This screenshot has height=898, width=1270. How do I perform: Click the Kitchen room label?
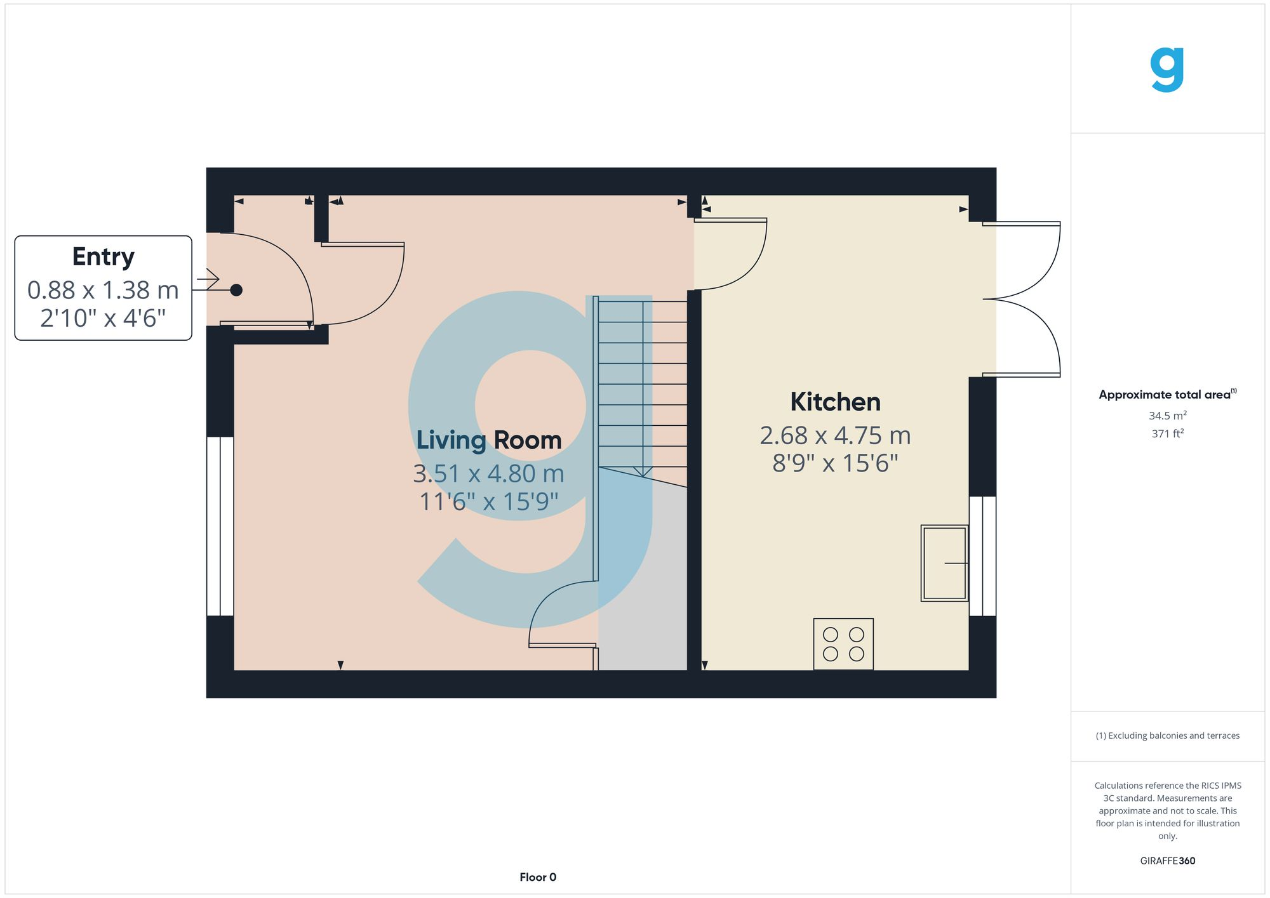pos(835,402)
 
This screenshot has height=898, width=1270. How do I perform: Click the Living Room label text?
pos(488,440)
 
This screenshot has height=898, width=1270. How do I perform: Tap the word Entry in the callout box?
pos(103,257)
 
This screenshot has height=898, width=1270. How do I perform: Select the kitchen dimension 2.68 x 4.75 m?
pos(835,435)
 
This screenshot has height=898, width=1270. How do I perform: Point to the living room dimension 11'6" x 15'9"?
pos(488,501)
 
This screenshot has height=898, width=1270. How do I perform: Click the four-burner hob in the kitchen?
pos(843,644)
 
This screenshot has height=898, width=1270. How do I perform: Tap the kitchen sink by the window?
pos(944,563)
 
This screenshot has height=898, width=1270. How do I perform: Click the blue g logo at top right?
pos(1167,70)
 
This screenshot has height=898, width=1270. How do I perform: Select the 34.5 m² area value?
pos(1167,416)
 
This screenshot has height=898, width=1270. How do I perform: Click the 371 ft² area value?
pos(1167,433)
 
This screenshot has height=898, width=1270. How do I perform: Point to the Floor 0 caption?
pos(537,877)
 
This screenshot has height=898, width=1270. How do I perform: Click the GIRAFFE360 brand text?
pos(1167,861)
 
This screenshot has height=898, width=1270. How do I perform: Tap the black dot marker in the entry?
pos(236,290)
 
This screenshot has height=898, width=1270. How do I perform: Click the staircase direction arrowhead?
pos(643,472)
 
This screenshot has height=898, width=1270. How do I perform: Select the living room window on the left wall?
pos(220,526)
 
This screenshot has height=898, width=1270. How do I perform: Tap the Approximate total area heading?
pos(1167,394)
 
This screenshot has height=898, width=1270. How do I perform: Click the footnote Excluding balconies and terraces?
pos(1167,736)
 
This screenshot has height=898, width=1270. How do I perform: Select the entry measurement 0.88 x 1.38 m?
pos(103,290)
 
